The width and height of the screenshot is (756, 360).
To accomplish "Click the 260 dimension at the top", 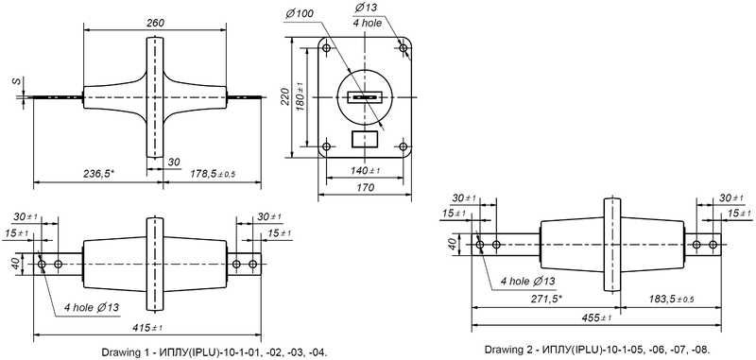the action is point(155,23).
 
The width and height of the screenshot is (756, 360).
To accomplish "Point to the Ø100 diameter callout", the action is point(299,13).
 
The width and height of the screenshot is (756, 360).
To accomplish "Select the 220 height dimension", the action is point(284,97).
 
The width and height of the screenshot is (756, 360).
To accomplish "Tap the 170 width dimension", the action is point(365,188).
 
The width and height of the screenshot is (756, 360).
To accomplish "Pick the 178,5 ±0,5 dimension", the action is point(212,174).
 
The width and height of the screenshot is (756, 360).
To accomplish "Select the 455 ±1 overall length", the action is point(595,317).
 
